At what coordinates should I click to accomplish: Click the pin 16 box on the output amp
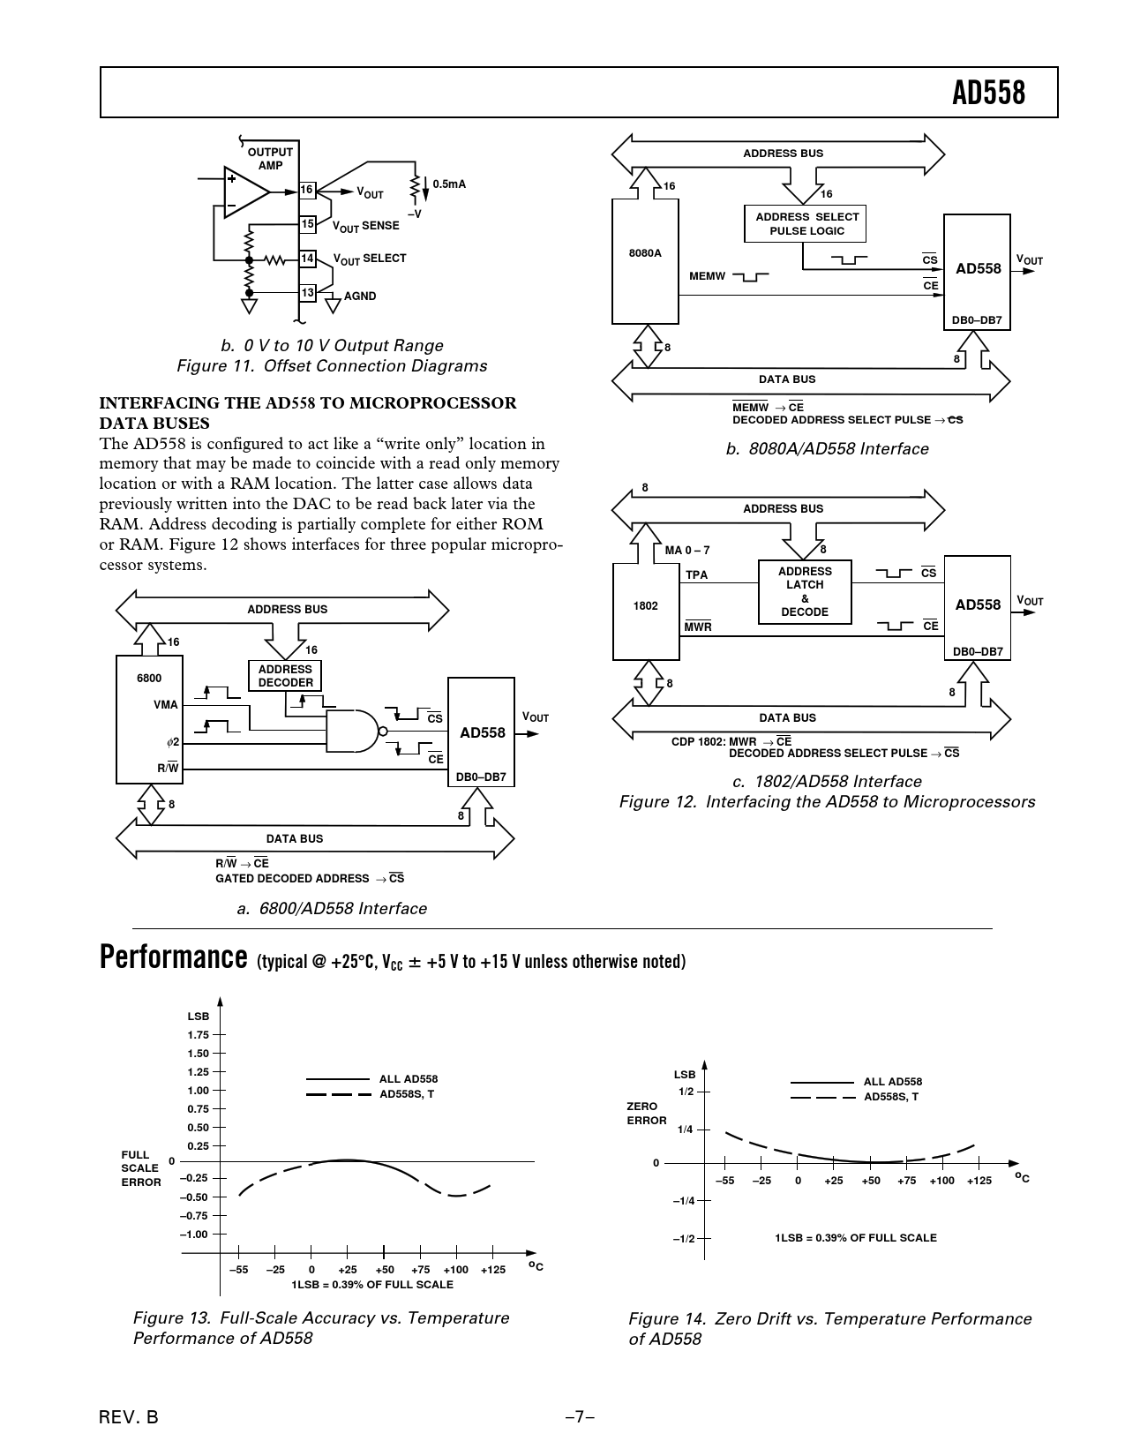pos(307,190)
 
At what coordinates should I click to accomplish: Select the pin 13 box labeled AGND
pos(307,293)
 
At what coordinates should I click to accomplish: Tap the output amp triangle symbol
pos(244,191)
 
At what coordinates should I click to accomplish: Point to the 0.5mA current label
pos(449,184)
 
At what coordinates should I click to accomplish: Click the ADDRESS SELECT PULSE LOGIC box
pos(806,224)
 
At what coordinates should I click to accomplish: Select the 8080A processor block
pos(645,261)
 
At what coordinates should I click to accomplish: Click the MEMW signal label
pos(707,276)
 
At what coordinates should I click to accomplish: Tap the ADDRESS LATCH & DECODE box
pos(805,592)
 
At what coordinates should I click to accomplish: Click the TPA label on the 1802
pos(697,574)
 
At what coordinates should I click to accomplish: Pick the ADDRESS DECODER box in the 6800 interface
pos(285,676)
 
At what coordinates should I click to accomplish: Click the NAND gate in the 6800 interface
pos(354,731)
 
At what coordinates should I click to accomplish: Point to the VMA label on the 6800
pos(165,704)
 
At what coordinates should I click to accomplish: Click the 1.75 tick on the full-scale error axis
pos(198,1035)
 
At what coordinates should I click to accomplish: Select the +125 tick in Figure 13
pos(493,1269)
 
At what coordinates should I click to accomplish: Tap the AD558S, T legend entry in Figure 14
pos(891,1097)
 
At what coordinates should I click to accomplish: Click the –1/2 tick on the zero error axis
pos(684,1238)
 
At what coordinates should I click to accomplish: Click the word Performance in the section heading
pos(173,957)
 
